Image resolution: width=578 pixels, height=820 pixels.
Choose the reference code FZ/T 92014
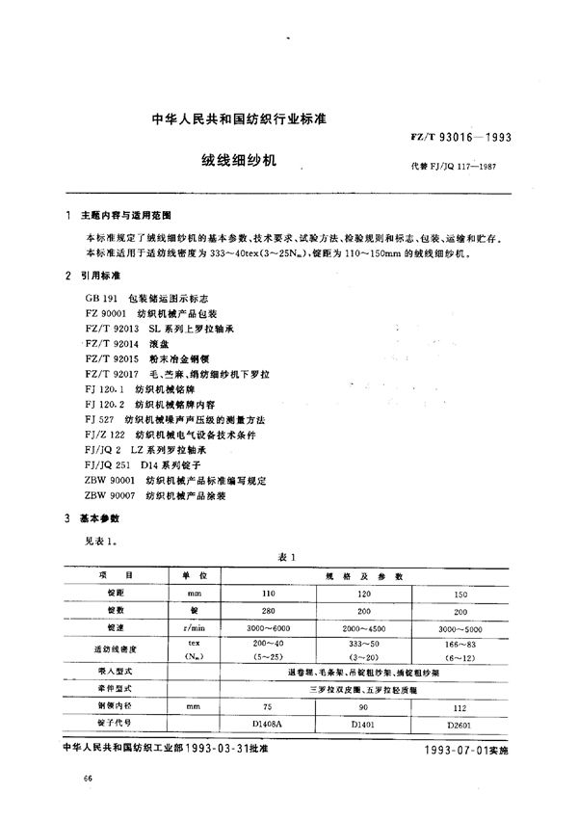coord(108,342)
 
